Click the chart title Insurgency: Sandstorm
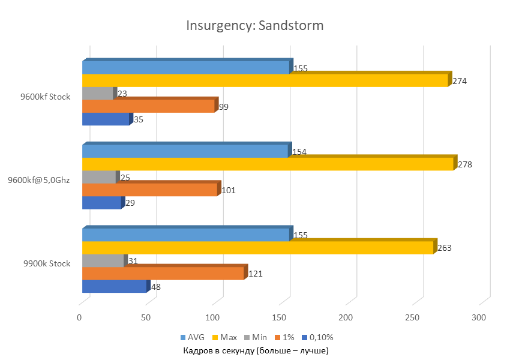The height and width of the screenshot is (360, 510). point(255,26)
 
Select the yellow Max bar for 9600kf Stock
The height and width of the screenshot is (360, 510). point(264,81)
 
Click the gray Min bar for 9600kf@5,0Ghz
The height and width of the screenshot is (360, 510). point(98,178)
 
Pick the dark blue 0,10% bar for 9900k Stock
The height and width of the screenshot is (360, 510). point(114,287)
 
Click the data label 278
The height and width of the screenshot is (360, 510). point(465,164)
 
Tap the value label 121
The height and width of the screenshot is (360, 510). point(256,274)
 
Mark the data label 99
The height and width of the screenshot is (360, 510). point(224,107)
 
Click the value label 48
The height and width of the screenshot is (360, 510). point(155,287)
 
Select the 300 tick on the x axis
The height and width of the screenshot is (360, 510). point(479,316)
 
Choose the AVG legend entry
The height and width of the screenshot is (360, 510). point(191,337)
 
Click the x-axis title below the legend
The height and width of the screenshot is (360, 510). point(256,350)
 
